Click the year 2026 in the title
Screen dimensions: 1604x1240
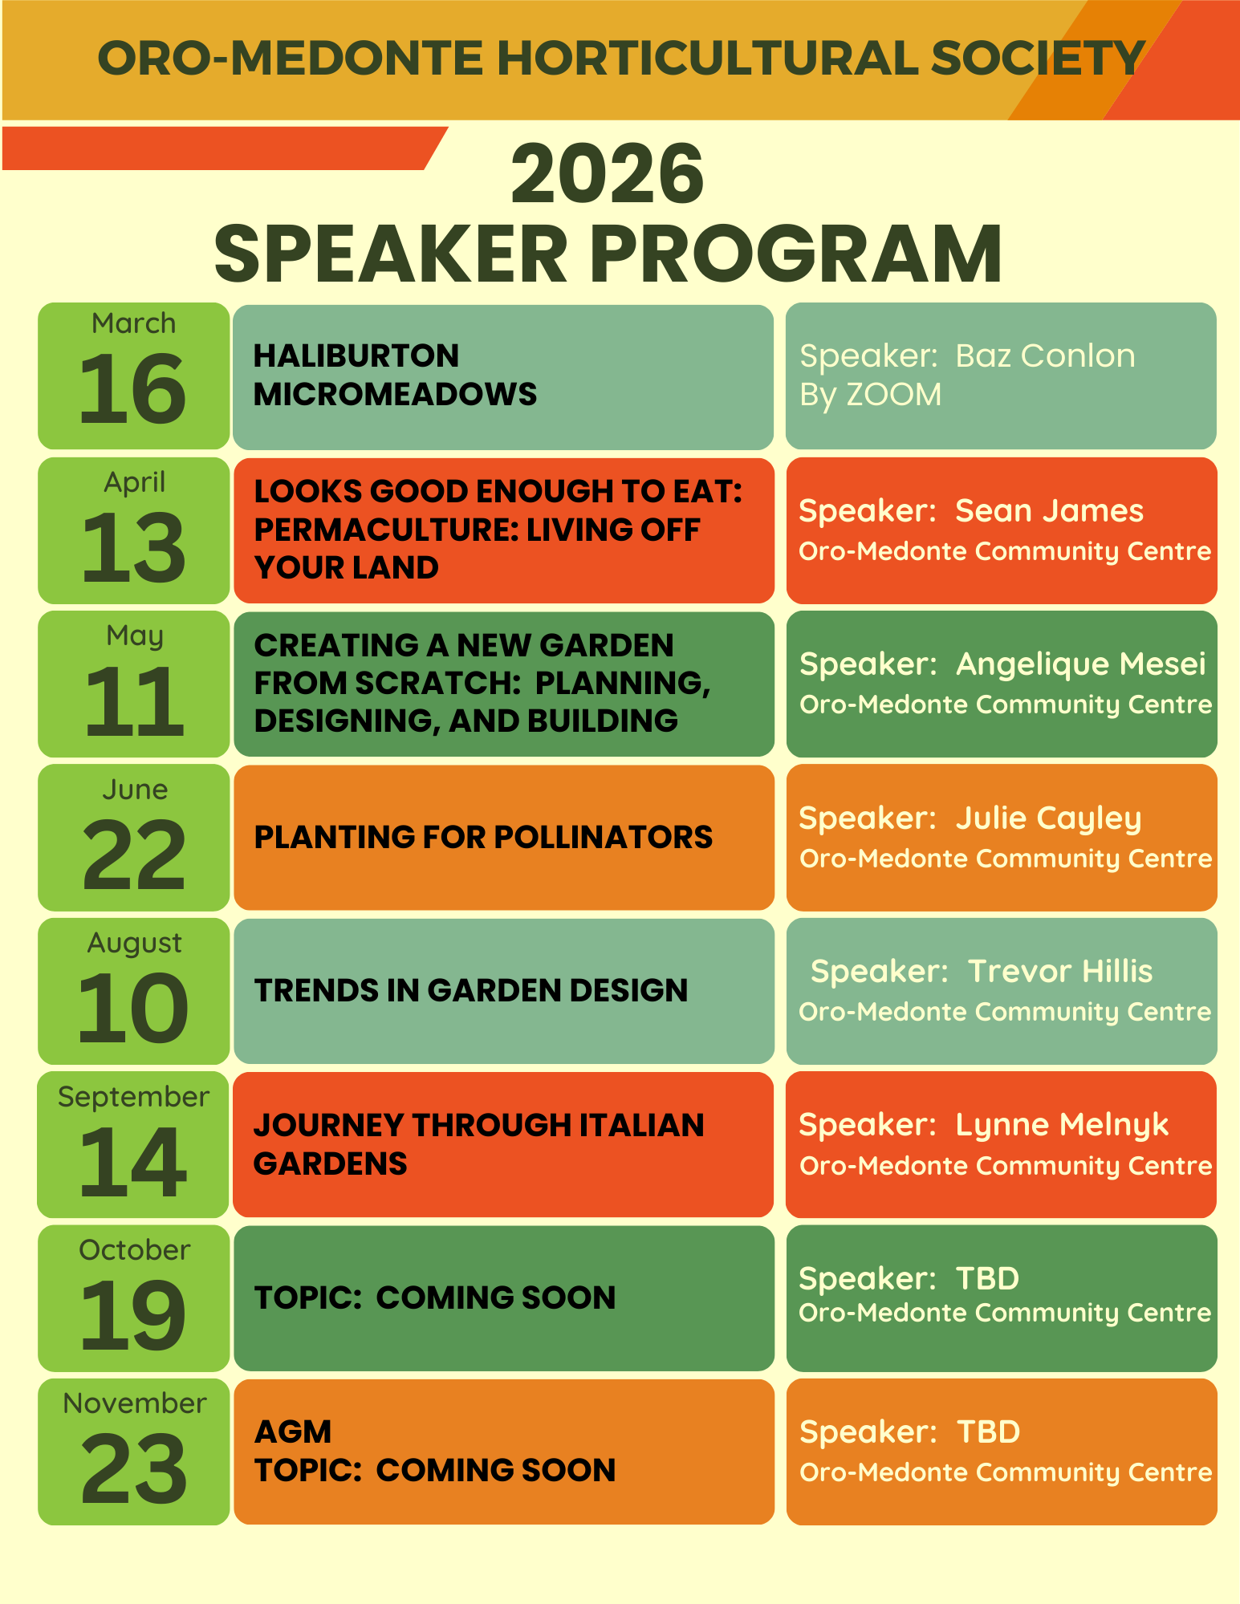pyautogui.click(x=608, y=174)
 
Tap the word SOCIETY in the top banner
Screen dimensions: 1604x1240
pyautogui.click(x=1037, y=59)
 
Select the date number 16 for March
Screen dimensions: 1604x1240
pyautogui.click(x=133, y=390)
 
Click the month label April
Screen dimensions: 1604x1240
pyautogui.click(x=134, y=482)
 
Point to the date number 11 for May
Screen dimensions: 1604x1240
pyautogui.click(x=134, y=703)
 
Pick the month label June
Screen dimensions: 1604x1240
pyautogui.click(x=135, y=790)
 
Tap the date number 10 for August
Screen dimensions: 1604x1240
pyautogui.click(x=133, y=1009)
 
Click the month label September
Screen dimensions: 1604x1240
pyautogui.click(x=133, y=1097)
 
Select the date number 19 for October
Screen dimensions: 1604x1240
pyautogui.click(x=133, y=1316)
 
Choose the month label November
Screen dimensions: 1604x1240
pyautogui.click(x=134, y=1403)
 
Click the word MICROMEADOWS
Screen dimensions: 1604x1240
pyautogui.click(x=395, y=394)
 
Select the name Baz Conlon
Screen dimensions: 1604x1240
pyautogui.click(x=1045, y=355)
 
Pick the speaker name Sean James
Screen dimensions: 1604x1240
pyautogui.click(x=1049, y=510)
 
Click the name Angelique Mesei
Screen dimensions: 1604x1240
pyautogui.click(x=1080, y=664)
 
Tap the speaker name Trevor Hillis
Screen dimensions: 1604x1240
pyautogui.click(x=1060, y=971)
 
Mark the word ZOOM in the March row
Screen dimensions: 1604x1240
pyautogui.click(x=893, y=395)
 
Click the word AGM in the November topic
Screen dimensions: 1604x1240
pyautogui.click(x=293, y=1431)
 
